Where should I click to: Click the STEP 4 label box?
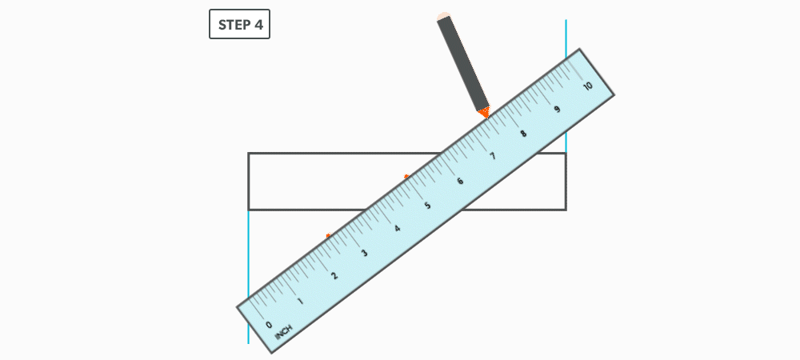tap(240, 25)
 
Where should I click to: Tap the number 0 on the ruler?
tap(269, 324)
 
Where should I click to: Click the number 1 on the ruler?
tap(301, 301)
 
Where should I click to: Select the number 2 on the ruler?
tap(334, 276)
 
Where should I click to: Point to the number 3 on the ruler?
tap(365, 253)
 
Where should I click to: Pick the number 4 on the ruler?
tap(397, 229)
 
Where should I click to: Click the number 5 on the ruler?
tap(428, 206)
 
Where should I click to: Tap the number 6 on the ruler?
tap(460, 181)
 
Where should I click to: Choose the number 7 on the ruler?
tap(492, 157)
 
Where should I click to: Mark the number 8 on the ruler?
tap(524, 134)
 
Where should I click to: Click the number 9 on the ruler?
tap(556, 110)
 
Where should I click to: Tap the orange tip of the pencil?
tap(484, 114)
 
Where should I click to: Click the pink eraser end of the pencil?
tap(442, 16)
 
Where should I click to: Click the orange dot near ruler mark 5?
tap(406, 176)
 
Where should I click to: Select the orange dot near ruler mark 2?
tap(328, 235)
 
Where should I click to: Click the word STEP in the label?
tap(234, 25)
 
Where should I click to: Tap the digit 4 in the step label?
tap(258, 25)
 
